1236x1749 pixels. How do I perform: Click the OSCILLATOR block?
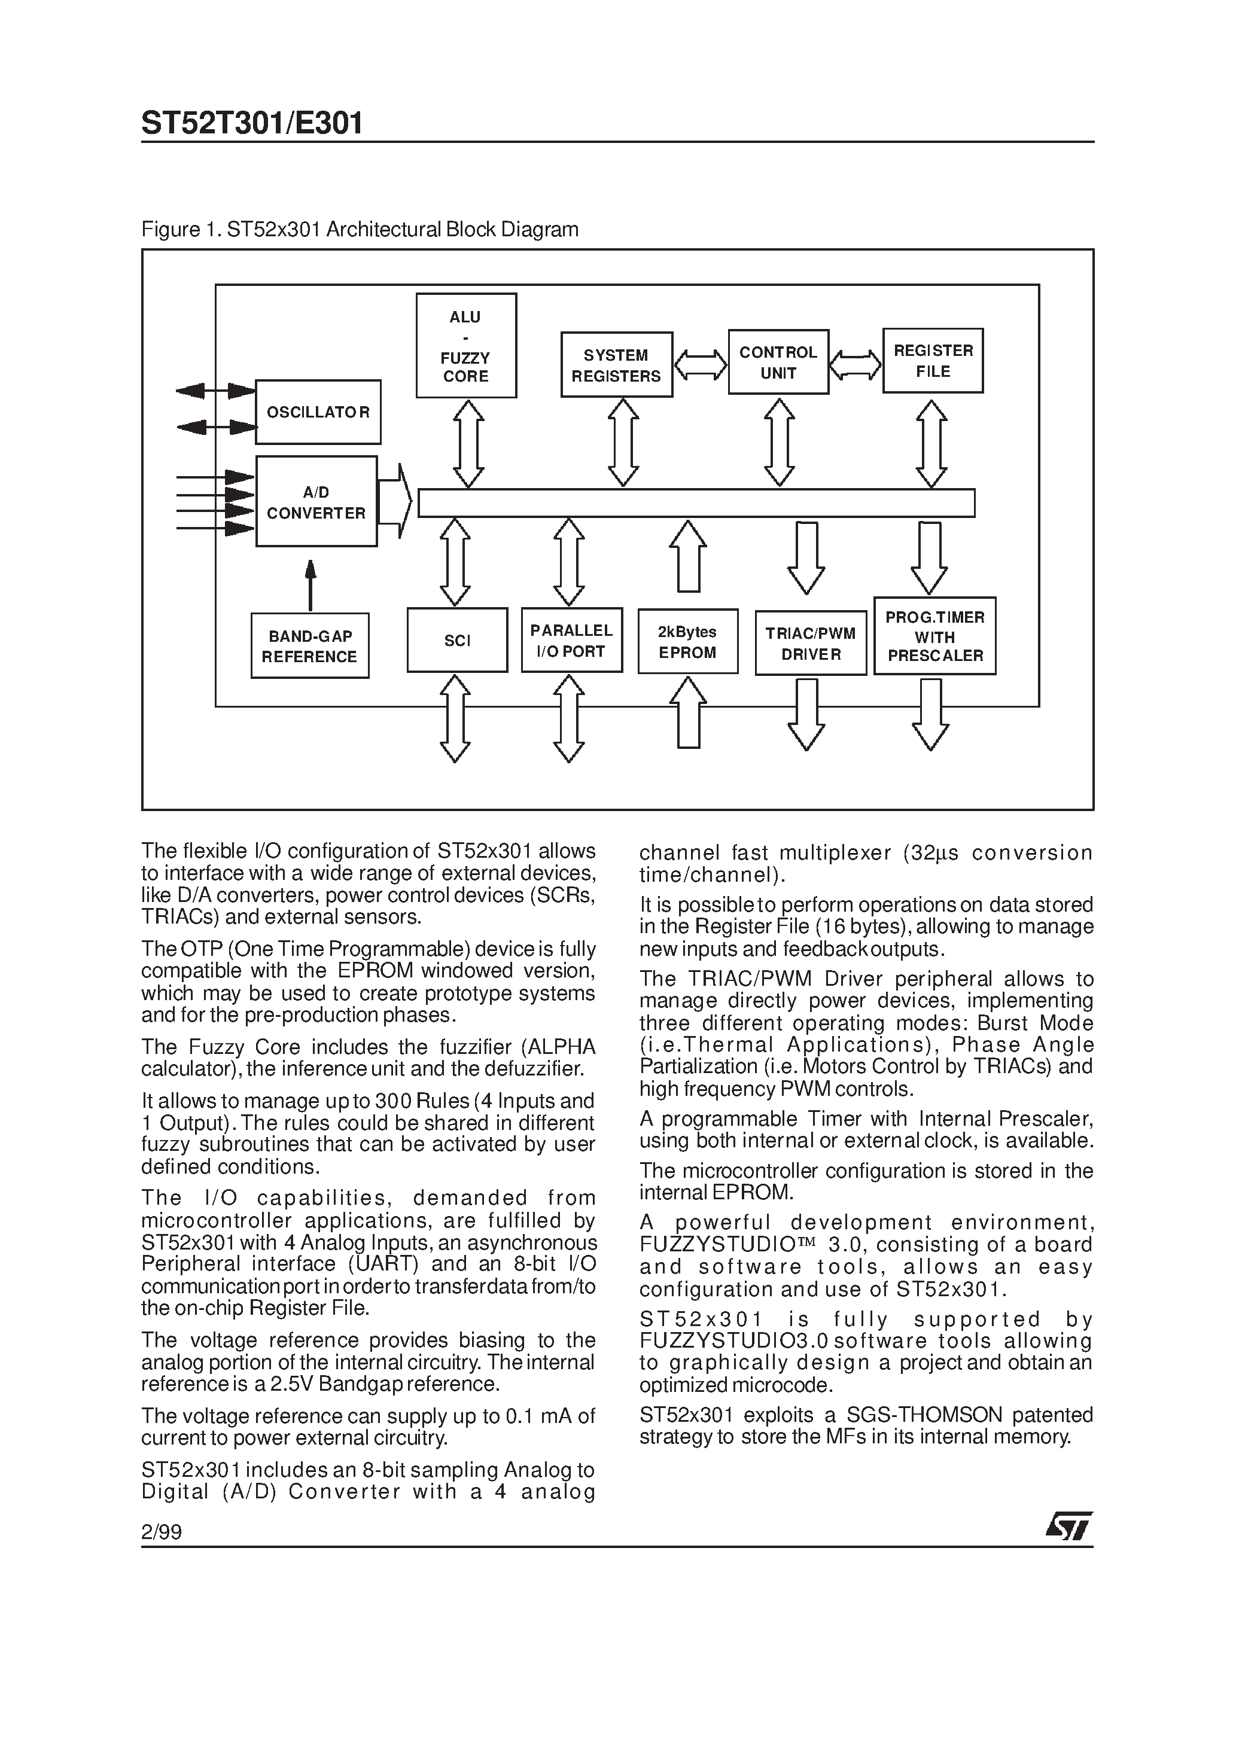click(318, 412)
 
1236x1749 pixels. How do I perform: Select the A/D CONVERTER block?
click(316, 501)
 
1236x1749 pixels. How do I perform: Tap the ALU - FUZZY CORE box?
click(465, 346)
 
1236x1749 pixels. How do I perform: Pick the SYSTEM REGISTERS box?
click(616, 365)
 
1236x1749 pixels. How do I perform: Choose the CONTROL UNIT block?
click(778, 362)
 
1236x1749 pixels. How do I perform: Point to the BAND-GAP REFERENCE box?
click(309, 646)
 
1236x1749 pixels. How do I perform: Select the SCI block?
click(457, 640)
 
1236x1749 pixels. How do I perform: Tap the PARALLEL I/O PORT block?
click(571, 640)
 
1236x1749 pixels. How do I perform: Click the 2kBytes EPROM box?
click(687, 641)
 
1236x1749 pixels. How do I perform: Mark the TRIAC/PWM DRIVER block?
click(811, 643)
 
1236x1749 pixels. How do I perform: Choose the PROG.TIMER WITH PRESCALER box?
click(935, 636)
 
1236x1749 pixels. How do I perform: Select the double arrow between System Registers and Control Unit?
click(701, 364)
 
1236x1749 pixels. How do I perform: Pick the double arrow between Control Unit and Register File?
click(856, 364)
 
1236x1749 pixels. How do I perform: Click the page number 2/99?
click(162, 1532)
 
